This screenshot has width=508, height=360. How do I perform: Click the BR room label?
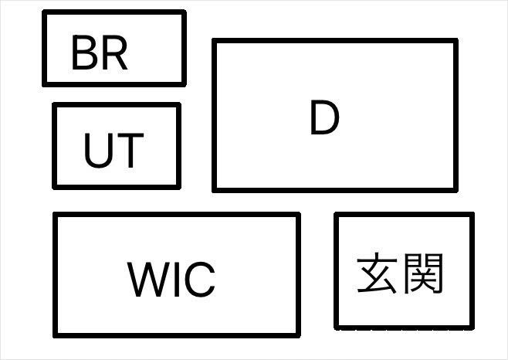tap(99, 53)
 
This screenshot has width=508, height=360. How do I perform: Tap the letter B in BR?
tap(84, 53)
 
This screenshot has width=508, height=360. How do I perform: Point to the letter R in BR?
tap(113, 53)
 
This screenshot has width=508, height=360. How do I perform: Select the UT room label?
tap(113, 151)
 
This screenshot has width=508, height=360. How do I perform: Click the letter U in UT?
tap(98, 151)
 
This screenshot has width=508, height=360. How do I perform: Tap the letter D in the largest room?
tap(324, 118)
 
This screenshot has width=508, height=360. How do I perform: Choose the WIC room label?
tap(171, 279)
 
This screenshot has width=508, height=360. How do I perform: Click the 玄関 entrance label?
tap(400, 273)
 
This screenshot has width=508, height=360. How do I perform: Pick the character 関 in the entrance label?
tap(423, 273)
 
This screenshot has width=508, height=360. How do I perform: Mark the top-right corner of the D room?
tap(455, 41)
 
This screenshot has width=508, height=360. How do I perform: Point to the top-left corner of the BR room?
tap(45, 13)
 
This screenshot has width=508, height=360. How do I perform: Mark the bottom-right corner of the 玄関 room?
tap(471, 327)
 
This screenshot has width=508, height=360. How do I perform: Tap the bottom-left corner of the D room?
tap(215, 188)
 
